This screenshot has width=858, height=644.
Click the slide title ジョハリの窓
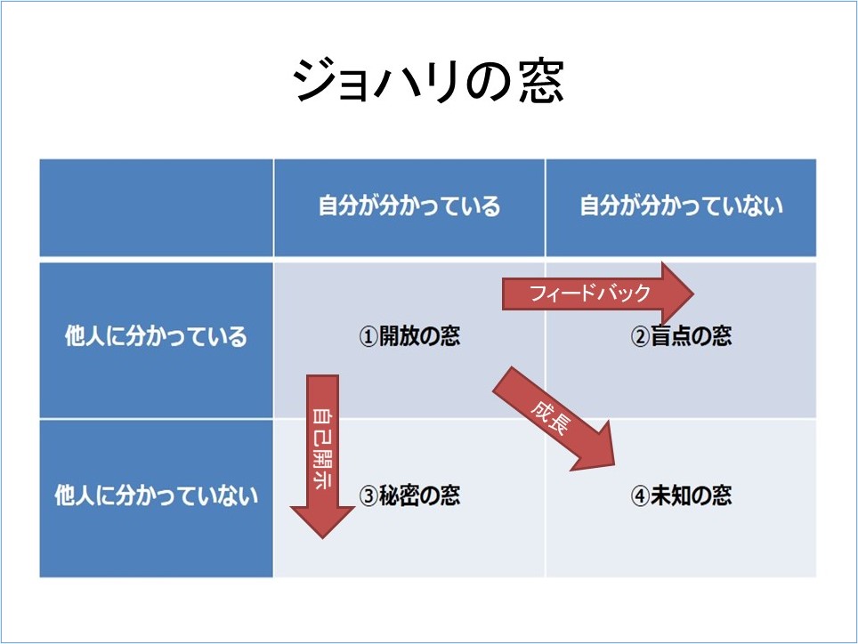[x=428, y=82]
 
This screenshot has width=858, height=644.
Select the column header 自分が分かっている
[x=409, y=206]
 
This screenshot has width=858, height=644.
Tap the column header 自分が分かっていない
[x=681, y=206]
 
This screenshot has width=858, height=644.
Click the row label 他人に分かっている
[x=156, y=336]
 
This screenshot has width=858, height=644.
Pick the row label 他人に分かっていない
[x=156, y=495]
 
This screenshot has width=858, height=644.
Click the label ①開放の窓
[x=409, y=336]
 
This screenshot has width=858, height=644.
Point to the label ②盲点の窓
[x=681, y=336]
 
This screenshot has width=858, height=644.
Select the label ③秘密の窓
[x=409, y=495]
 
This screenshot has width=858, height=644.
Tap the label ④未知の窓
[x=681, y=495]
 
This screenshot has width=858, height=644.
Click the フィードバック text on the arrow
[x=590, y=294]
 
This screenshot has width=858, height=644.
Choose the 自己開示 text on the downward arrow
[x=322, y=447]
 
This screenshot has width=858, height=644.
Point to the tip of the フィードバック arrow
[x=694, y=294]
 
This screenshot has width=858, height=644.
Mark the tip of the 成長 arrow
[x=614, y=465]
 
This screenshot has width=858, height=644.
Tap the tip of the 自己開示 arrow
[x=322, y=538]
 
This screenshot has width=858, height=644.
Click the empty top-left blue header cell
[x=157, y=208]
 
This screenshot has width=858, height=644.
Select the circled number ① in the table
[x=368, y=337]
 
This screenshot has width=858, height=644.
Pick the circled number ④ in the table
[x=640, y=495]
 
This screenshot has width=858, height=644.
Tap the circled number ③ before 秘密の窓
[x=368, y=495]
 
